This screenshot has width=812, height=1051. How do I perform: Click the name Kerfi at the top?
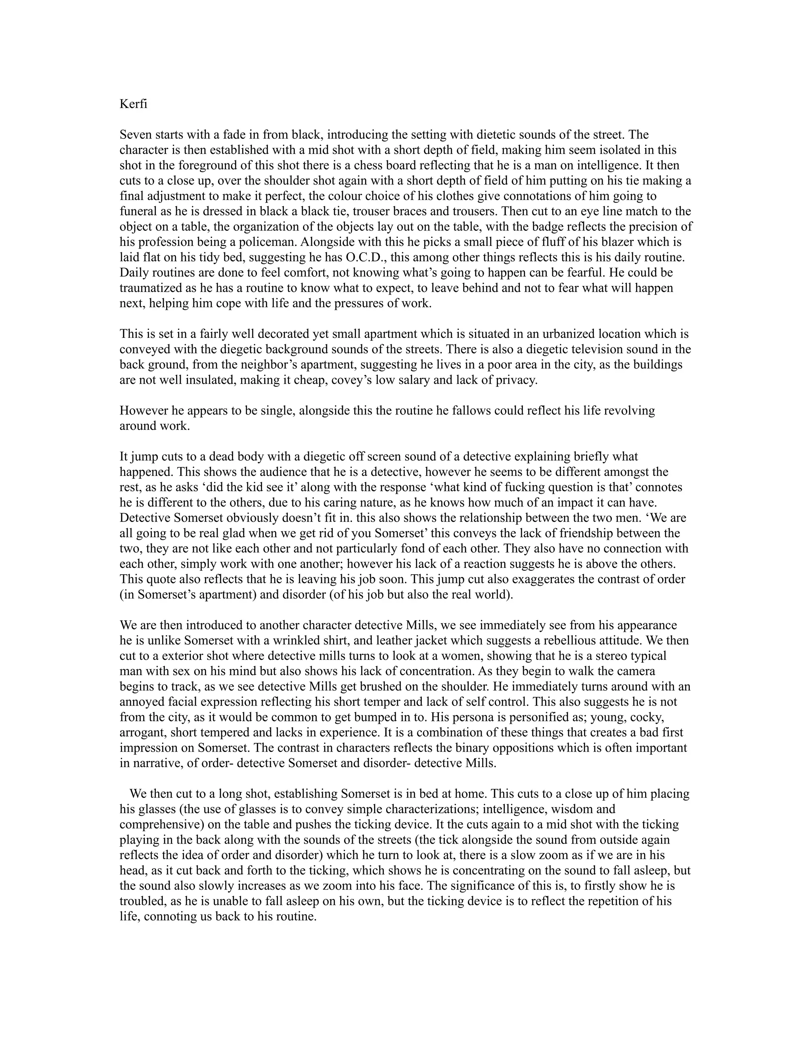click(133, 104)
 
